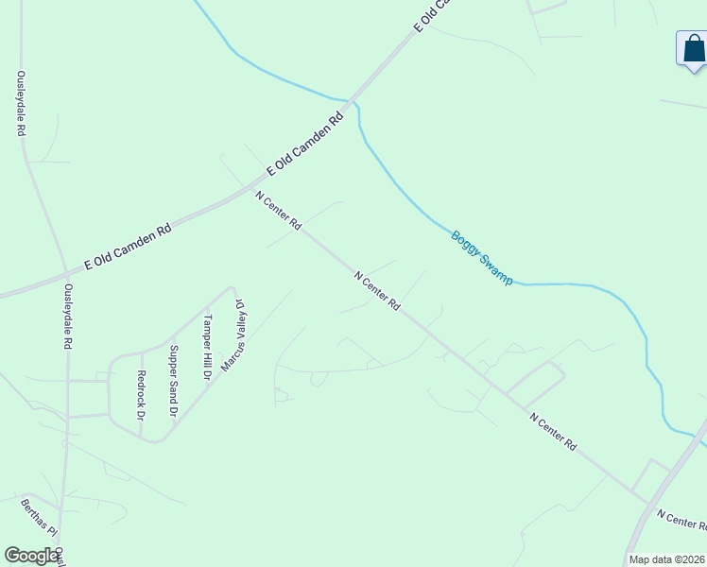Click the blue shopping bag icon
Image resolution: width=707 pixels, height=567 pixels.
(x=693, y=48)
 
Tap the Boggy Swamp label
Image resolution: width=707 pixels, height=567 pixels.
(x=481, y=258)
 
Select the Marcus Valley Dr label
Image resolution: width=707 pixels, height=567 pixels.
(x=233, y=335)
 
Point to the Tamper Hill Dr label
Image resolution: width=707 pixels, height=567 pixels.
(x=207, y=347)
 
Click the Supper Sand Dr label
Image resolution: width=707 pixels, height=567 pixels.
(x=173, y=381)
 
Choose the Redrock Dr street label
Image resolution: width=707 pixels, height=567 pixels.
(x=141, y=394)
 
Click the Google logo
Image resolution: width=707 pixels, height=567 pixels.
(x=31, y=556)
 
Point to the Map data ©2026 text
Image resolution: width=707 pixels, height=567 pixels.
(x=666, y=559)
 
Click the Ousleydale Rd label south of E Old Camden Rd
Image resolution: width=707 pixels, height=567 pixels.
(x=68, y=318)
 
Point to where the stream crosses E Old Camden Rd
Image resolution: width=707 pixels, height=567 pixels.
(x=351, y=99)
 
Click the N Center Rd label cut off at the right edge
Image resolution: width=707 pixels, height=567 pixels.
(x=681, y=519)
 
